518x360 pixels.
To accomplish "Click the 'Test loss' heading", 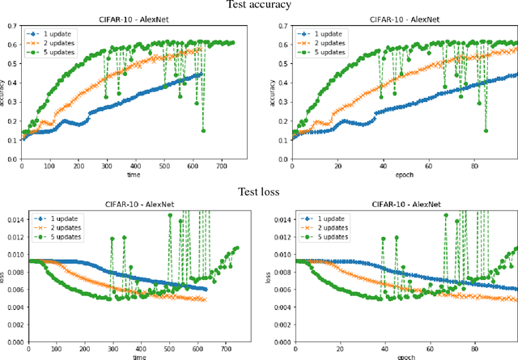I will [x=258, y=192].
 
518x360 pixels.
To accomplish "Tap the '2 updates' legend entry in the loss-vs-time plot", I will [x=62, y=228].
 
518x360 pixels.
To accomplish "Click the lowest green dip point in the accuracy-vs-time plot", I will [x=203, y=131].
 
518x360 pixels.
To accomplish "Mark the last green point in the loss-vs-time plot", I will [x=237, y=248].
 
